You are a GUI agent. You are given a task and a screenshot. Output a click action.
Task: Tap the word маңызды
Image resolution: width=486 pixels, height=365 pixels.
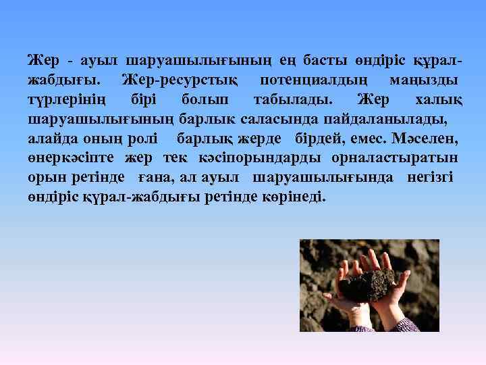pos(425,81)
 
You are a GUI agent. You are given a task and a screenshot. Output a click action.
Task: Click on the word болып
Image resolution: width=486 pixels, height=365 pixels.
pos(205,101)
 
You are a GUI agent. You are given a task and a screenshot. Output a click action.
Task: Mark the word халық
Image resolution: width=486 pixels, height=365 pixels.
pos(438,101)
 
